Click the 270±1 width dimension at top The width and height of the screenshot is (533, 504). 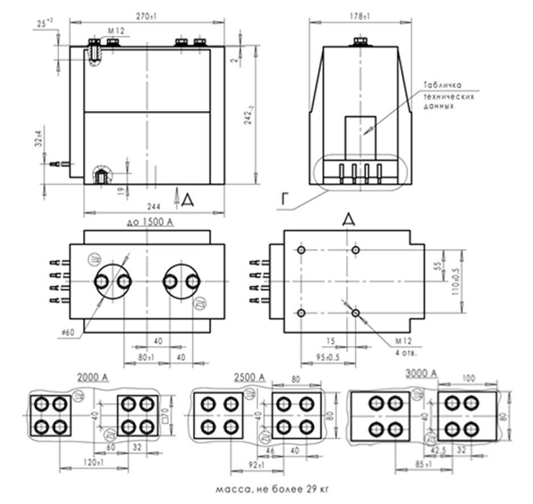(x=147, y=17)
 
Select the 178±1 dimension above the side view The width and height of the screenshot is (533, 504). (x=359, y=17)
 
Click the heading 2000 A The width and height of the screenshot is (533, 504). (x=93, y=377)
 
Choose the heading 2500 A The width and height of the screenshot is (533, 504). (x=249, y=377)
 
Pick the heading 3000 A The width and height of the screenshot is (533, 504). (x=422, y=373)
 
